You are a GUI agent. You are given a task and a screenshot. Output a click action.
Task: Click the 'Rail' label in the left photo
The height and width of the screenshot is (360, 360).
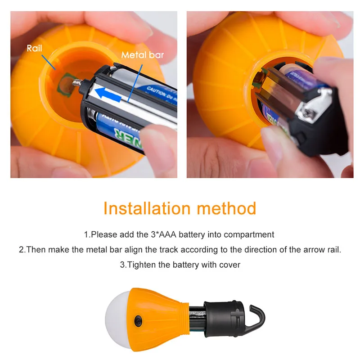tap(34, 48)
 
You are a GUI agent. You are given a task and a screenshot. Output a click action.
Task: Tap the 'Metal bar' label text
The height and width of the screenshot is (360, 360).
tap(142, 55)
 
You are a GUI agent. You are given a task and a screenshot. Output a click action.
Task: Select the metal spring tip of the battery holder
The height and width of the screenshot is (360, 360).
tap(78, 82)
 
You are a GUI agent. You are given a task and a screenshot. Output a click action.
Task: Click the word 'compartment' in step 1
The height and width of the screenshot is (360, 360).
tap(248, 234)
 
